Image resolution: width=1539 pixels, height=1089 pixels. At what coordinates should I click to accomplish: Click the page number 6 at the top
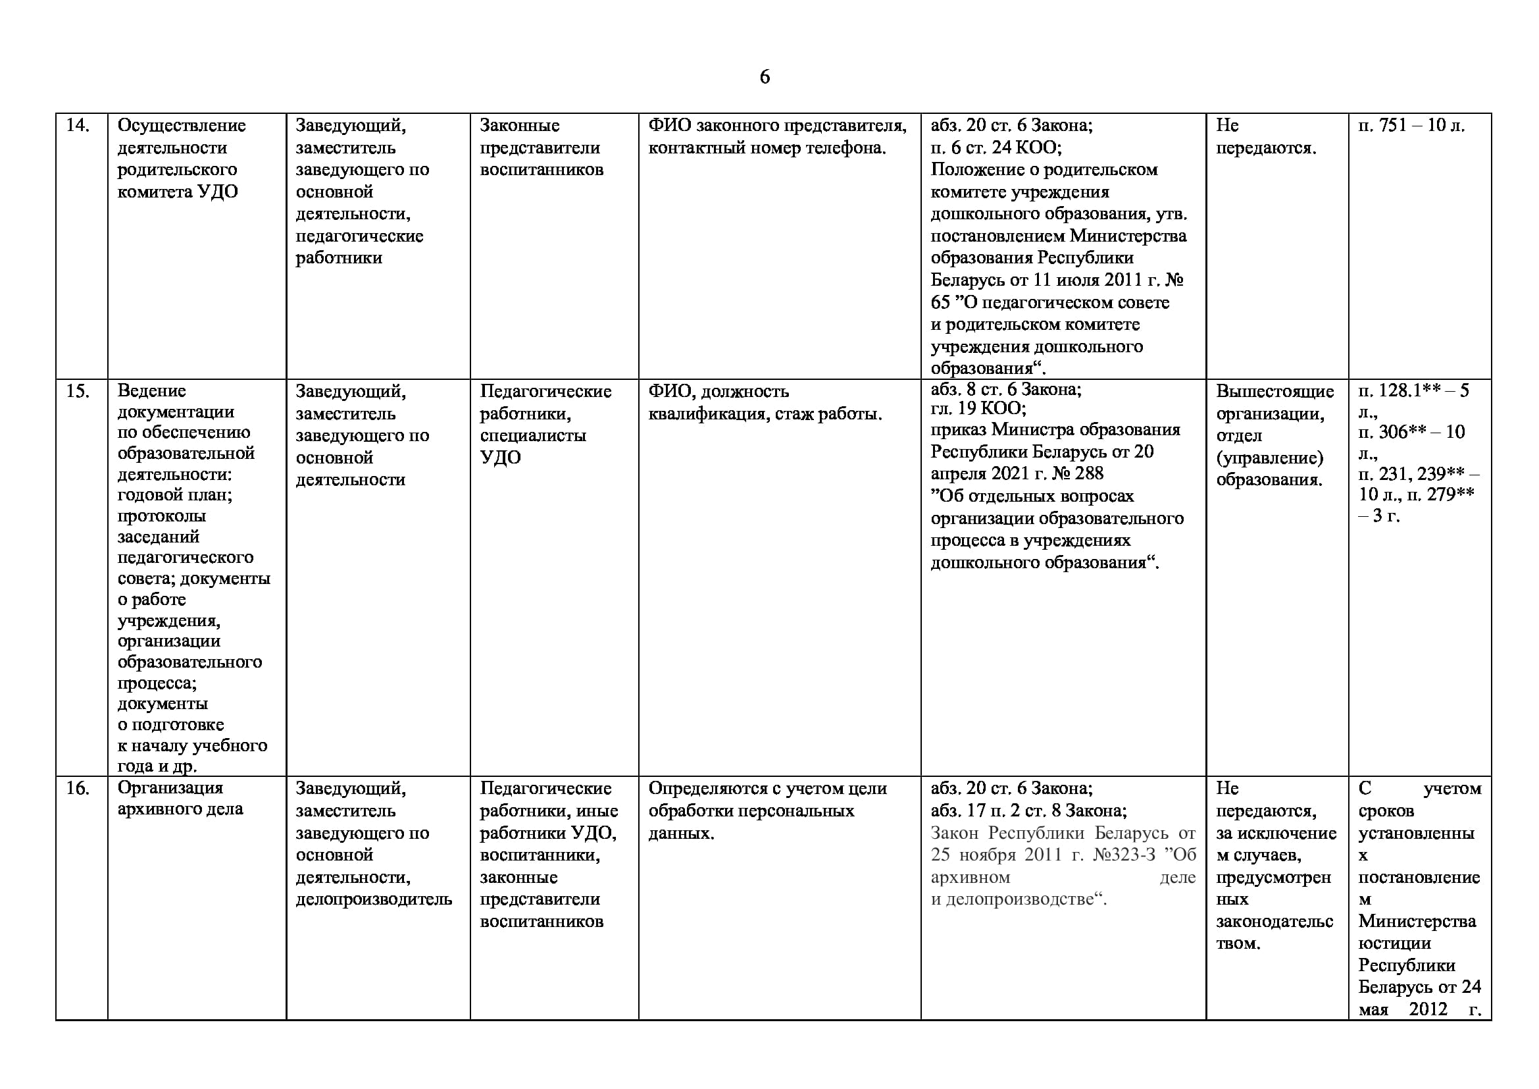[764, 77]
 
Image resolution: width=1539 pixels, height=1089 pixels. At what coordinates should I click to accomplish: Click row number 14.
[77, 125]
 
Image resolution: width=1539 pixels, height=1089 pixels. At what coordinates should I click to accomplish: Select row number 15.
[77, 390]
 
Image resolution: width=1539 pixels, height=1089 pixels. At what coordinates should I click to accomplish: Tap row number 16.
[77, 788]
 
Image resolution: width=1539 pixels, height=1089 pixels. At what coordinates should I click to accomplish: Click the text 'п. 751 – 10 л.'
[1411, 125]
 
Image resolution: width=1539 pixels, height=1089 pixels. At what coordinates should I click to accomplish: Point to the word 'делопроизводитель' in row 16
[374, 899]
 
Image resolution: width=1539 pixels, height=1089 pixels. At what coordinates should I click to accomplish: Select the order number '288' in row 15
[1088, 473]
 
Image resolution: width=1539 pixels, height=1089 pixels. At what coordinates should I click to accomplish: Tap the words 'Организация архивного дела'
[180, 798]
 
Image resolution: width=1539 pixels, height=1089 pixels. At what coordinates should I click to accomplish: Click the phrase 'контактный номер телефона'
[766, 147]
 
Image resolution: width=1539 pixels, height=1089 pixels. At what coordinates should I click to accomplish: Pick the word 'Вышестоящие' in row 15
[1275, 391]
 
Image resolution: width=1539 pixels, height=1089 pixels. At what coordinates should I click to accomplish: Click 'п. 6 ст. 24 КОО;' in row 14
[996, 147]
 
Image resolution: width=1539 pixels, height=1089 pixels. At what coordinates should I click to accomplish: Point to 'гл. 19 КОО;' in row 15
[978, 408]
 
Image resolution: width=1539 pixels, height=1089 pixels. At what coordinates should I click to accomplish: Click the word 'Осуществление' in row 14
[182, 125]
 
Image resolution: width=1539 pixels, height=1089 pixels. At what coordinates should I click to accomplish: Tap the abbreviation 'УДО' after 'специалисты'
[500, 458]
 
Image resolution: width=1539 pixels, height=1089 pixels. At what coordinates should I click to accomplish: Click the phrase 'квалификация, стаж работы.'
[765, 413]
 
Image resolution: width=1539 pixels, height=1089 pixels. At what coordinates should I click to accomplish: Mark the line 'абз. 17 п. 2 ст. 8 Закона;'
[1028, 810]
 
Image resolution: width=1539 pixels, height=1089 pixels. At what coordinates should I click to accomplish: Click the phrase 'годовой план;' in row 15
[175, 495]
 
